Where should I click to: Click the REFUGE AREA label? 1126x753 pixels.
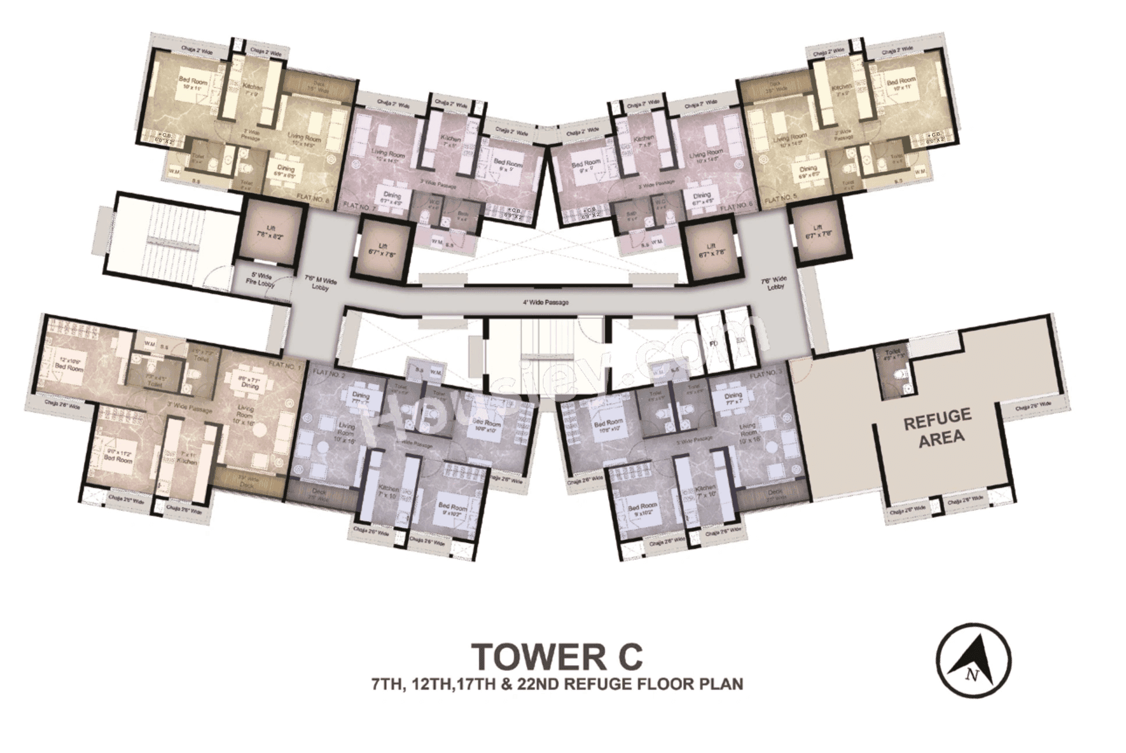point(937,427)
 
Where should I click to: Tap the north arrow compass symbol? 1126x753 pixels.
point(974,660)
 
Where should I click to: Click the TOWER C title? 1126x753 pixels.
point(557,656)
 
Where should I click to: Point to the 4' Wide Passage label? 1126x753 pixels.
point(545,303)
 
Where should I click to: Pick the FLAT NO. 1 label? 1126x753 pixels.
point(284,365)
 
